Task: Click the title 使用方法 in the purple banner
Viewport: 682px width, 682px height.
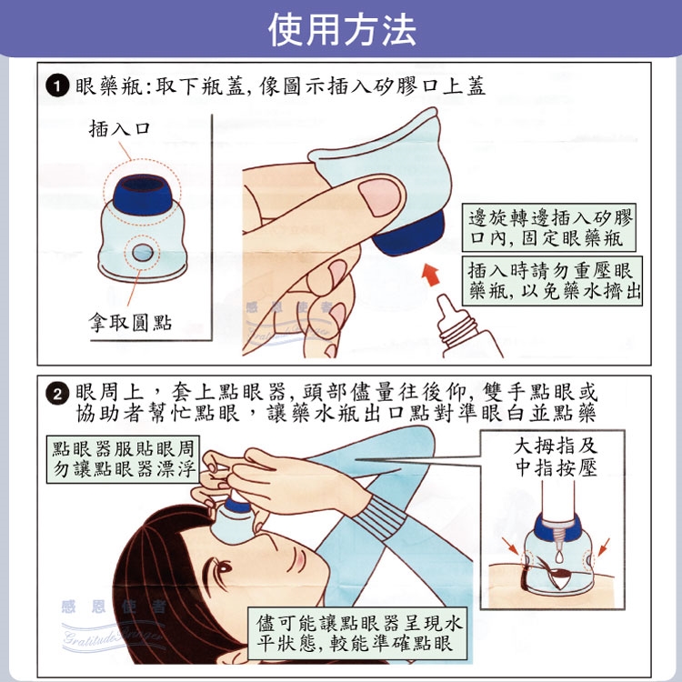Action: point(342,30)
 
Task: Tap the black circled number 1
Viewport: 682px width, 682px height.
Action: point(57,85)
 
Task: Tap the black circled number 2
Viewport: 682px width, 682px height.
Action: point(57,393)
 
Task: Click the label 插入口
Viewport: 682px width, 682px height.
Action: point(120,128)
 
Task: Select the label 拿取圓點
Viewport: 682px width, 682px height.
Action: point(130,322)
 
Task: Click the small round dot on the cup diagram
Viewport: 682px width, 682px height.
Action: point(142,252)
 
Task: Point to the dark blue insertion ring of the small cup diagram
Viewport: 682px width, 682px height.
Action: point(143,194)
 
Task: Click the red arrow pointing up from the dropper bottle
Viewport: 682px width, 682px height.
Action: point(431,275)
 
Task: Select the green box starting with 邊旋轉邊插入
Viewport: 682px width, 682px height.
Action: point(549,227)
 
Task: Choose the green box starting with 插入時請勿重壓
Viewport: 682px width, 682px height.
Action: point(552,281)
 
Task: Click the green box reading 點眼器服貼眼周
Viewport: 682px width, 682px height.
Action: point(123,459)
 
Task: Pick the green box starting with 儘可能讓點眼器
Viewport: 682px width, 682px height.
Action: point(357,633)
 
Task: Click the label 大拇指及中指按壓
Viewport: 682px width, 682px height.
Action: point(556,457)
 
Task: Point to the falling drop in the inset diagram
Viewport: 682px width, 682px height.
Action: point(560,556)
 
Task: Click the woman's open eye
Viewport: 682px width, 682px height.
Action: point(225,567)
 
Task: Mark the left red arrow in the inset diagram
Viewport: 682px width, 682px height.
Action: point(510,546)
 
